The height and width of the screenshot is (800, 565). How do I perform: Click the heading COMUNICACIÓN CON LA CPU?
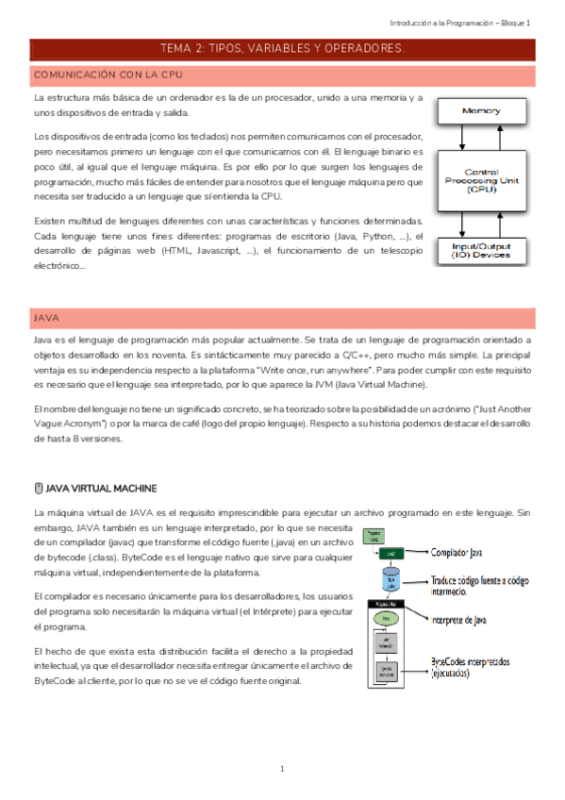coord(108,75)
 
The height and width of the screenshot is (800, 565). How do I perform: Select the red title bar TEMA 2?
coord(282,48)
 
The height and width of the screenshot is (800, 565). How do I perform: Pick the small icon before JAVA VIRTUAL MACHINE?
coord(39,488)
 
